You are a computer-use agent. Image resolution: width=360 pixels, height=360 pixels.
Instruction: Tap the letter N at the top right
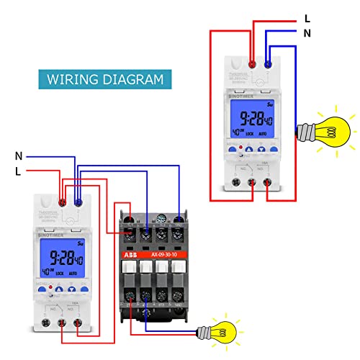pos(307,33)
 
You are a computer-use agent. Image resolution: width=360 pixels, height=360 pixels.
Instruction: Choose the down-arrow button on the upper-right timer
pos(262,153)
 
